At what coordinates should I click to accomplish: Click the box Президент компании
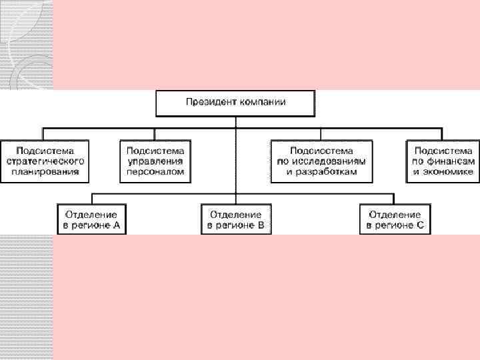235,103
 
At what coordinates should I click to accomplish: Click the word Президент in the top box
209,103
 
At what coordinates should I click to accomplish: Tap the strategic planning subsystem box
45,161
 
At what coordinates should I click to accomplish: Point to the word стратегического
45,161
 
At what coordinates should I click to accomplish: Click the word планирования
45,171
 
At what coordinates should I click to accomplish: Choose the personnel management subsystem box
155,161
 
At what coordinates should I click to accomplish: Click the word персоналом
155,171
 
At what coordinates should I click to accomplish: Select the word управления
155,161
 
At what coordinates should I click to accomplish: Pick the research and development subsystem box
322,161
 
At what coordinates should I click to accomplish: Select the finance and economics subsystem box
443,161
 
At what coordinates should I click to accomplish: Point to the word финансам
451,161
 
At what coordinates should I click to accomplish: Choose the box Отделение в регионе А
91,220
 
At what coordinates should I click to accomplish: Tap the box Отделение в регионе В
235,220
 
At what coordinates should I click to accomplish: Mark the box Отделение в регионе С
395,220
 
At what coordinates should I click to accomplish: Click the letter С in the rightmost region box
420,225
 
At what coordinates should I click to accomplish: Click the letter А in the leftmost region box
117,225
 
